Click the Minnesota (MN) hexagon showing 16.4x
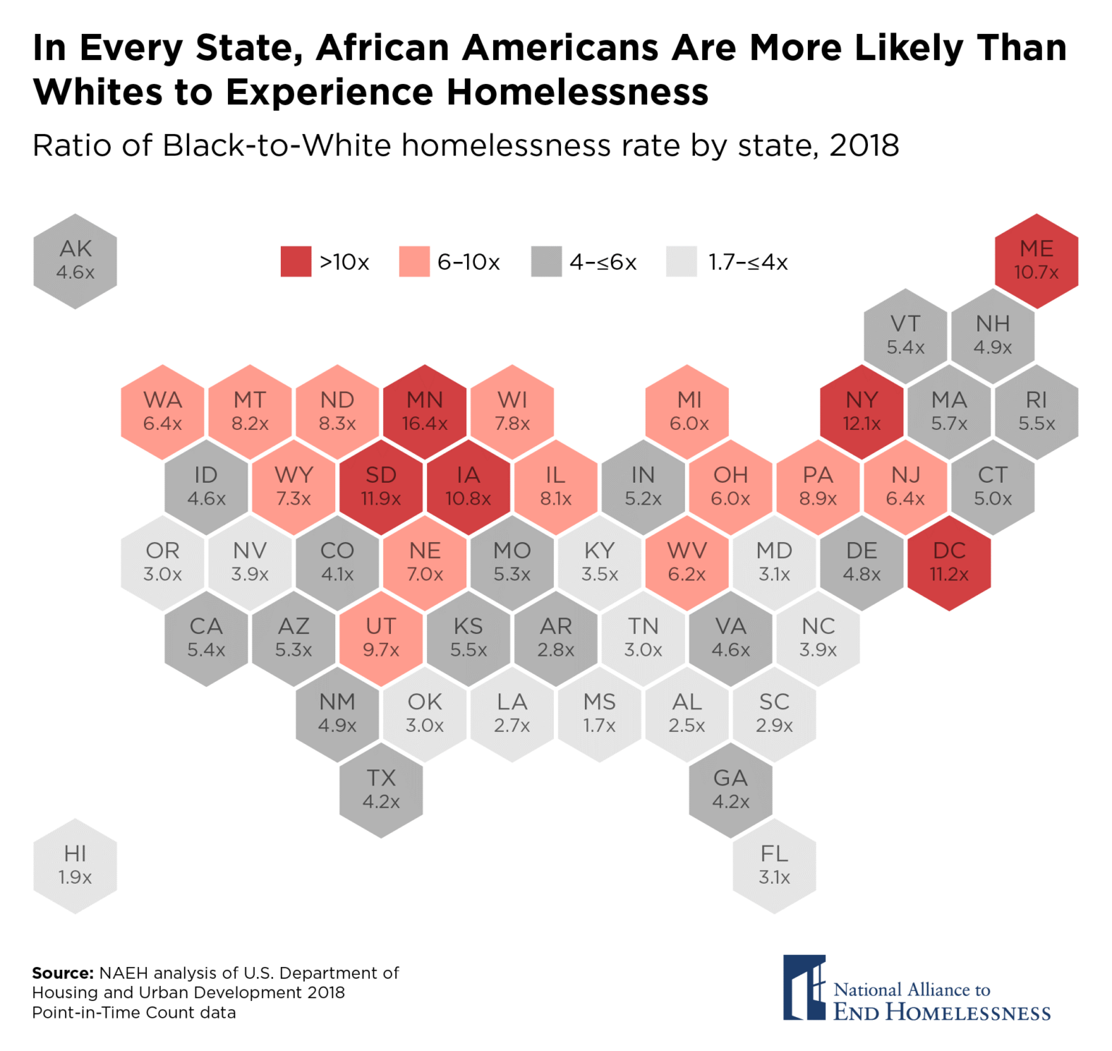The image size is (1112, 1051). click(x=424, y=412)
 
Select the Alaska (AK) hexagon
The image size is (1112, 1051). click(x=75, y=261)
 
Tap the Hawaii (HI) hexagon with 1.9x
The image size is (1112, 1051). click(x=75, y=866)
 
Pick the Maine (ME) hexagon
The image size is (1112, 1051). click(x=1036, y=261)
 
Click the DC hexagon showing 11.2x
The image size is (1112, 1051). click(x=948, y=562)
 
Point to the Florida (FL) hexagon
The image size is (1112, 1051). click(x=774, y=866)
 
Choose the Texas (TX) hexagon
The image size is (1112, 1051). click(x=381, y=790)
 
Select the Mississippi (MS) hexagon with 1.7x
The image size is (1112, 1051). click(x=599, y=714)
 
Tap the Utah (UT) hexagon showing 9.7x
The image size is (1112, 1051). click(x=381, y=638)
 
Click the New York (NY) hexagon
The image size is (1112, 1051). click(x=862, y=412)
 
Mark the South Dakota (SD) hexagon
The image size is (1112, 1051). click(x=381, y=487)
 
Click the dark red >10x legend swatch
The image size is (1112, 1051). click(x=295, y=261)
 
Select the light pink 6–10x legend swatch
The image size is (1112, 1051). click(x=414, y=261)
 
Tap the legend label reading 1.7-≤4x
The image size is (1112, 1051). click(x=748, y=262)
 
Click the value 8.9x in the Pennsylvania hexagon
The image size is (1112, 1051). click(x=818, y=499)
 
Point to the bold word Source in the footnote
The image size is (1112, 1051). click(x=62, y=973)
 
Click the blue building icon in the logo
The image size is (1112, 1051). click(x=804, y=988)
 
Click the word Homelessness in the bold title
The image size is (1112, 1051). click(x=577, y=93)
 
